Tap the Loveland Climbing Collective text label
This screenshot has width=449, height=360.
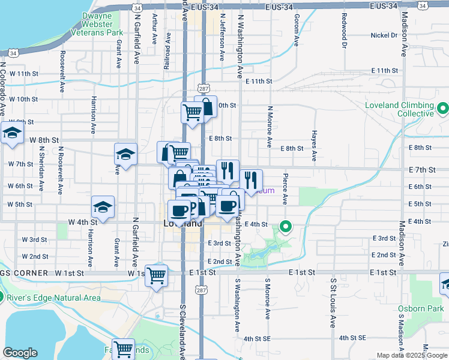pyautogui.click(x=399, y=109)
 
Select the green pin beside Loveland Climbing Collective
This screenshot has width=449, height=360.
pyautogui.click(x=443, y=109)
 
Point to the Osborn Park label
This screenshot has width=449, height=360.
pyautogui.click(x=420, y=309)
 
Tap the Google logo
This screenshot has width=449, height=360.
pyautogui.click(x=20, y=353)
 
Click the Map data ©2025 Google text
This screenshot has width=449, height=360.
pyautogui.click(x=411, y=355)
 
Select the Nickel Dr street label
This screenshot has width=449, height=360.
pyautogui.click(x=384, y=35)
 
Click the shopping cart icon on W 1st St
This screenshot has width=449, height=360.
pyautogui.click(x=157, y=275)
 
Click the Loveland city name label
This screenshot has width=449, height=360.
pyautogui.click(x=182, y=223)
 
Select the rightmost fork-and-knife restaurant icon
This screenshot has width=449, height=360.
pyautogui.click(x=251, y=178)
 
